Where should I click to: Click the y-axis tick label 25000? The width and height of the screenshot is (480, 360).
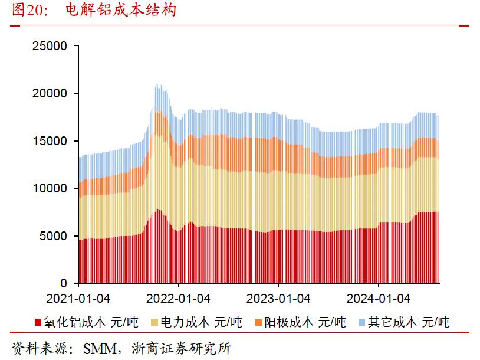click(51, 46)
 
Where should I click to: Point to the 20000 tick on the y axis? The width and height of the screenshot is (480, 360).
click(51, 93)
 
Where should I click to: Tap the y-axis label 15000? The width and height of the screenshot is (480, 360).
click(51, 141)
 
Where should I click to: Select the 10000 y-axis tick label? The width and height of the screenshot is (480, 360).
click(51, 189)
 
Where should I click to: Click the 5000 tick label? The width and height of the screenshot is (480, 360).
click(54, 236)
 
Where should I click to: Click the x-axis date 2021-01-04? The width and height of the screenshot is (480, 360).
click(78, 299)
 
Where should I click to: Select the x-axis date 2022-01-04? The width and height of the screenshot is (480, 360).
click(178, 299)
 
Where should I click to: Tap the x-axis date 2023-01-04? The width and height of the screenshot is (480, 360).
click(278, 299)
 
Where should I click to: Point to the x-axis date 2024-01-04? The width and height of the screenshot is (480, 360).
click(378, 299)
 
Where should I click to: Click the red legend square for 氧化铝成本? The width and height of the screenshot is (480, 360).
click(38, 322)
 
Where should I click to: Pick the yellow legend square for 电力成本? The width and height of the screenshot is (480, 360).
click(155, 322)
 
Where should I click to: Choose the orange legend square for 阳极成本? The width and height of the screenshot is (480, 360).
click(258, 322)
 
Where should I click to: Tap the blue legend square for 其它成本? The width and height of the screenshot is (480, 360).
click(361, 322)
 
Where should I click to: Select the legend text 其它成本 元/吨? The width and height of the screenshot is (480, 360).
click(408, 322)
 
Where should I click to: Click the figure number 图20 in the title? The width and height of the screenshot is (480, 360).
click(27, 11)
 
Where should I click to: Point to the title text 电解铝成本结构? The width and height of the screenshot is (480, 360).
click(121, 11)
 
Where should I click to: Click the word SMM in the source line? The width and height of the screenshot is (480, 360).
click(98, 349)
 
